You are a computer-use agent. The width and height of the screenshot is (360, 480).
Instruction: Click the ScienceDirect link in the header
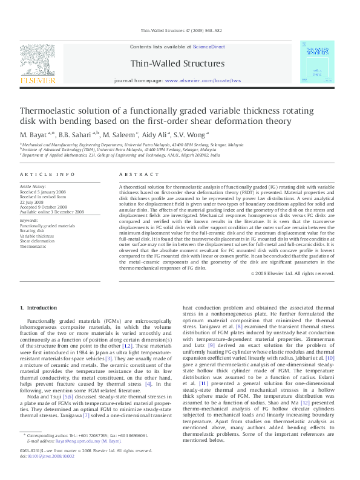point(209,47)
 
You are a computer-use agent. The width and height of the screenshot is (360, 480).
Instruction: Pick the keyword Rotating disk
point(32,230)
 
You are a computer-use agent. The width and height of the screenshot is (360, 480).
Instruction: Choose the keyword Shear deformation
point(38,241)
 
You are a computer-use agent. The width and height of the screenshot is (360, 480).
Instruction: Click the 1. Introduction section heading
point(39,308)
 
